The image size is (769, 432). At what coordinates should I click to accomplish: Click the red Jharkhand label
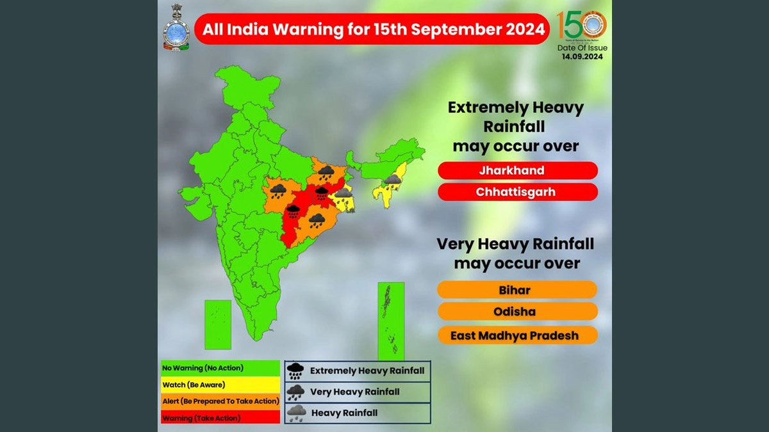click(518, 171)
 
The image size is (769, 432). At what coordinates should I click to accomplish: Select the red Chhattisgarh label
click(518, 192)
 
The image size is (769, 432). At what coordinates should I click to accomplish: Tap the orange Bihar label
click(517, 290)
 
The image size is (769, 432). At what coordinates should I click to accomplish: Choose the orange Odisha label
click(517, 312)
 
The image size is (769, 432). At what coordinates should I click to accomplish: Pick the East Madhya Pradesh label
click(517, 335)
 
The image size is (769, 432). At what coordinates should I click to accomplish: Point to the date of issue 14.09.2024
click(582, 56)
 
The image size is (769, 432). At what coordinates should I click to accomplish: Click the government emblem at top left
click(176, 28)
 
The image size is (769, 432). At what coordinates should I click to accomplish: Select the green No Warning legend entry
click(220, 368)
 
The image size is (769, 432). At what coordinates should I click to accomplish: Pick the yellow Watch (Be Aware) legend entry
click(220, 385)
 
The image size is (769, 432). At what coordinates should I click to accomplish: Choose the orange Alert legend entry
click(220, 401)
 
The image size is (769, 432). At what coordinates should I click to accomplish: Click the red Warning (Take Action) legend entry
click(220, 417)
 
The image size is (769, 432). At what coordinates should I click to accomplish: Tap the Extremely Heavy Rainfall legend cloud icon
click(296, 371)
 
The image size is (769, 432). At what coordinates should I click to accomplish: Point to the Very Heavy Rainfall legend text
click(354, 392)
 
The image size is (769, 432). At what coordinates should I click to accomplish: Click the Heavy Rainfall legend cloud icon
click(296, 413)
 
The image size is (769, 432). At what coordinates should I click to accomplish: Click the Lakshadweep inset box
click(217, 324)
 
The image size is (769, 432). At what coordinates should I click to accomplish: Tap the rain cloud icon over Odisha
click(317, 221)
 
